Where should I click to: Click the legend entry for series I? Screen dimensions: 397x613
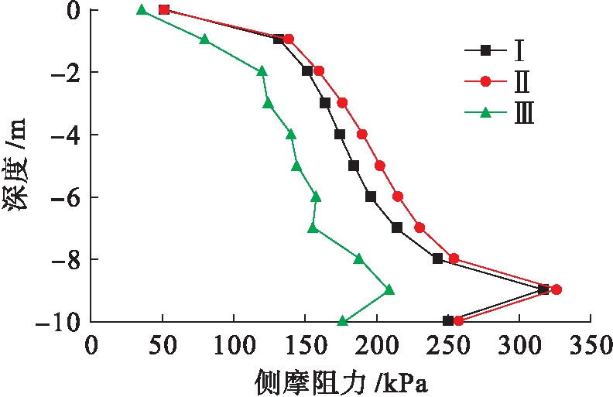[x=498, y=51]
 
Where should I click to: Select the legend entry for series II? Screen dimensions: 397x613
[x=498, y=82]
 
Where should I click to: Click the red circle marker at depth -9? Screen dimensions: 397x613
[x=556, y=289]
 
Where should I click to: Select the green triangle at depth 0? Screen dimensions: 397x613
[x=142, y=10]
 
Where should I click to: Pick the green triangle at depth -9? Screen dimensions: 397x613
[x=389, y=289]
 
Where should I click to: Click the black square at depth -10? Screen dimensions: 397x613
[x=448, y=320]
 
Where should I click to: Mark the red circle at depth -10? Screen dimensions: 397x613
[x=458, y=320]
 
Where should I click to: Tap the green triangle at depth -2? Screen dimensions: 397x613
[x=262, y=70]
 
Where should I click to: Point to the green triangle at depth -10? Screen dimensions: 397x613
[x=343, y=320]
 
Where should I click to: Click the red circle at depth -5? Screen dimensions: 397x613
[x=380, y=166]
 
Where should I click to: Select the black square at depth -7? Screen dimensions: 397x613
[x=397, y=228]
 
